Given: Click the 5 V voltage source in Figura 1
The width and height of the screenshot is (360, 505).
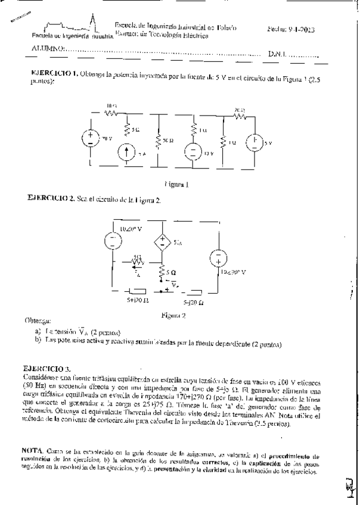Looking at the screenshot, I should [x=253, y=143].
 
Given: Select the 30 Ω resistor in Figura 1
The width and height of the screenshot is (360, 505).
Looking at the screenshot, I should [x=159, y=141].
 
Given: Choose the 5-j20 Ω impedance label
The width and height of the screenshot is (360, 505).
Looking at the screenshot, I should [x=195, y=303].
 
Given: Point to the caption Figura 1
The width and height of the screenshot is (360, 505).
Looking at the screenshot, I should [x=177, y=185].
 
